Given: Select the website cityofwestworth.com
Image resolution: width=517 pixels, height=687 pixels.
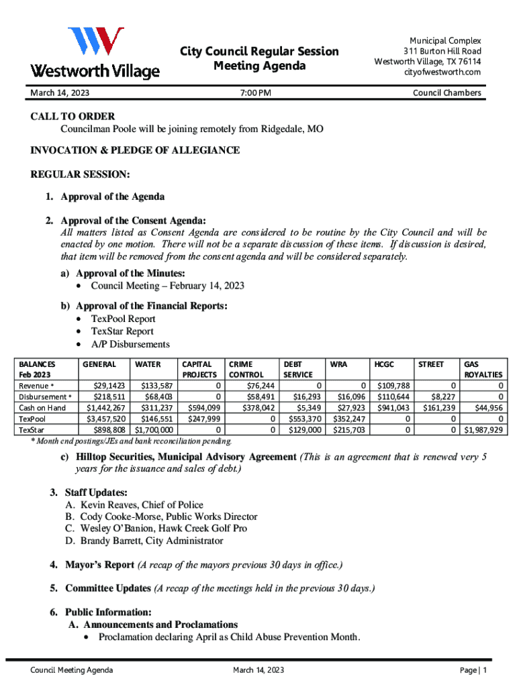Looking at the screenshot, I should click(442, 72).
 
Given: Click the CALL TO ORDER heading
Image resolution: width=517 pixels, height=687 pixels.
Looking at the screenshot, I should click(73, 116).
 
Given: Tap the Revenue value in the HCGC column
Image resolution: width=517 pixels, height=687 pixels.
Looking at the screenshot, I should click(393, 386).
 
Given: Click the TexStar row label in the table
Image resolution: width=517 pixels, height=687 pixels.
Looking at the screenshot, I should click(32, 429).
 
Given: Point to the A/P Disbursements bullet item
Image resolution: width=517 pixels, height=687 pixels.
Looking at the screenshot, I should click(130, 344).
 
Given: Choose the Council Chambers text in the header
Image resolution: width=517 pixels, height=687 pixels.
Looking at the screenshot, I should click(446, 93).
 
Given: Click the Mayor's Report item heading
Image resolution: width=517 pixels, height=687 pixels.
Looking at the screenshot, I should click(99, 565).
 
